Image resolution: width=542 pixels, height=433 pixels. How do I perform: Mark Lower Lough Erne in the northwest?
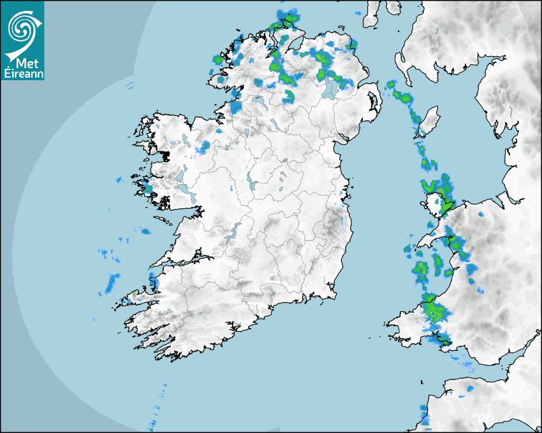259,101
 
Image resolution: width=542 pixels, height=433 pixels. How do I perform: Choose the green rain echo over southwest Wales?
436,312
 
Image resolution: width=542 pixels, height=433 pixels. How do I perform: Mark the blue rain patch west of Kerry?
112,281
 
